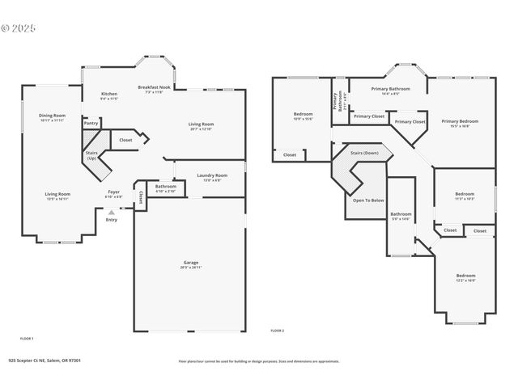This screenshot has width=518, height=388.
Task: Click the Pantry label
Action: pyautogui.click(x=91, y=123)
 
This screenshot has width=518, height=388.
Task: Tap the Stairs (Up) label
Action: pyautogui.click(x=91, y=154)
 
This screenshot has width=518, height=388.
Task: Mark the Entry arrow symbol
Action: pyautogui.click(x=112, y=213)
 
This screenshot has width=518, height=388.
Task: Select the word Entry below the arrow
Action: pyautogui.click(x=111, y=220)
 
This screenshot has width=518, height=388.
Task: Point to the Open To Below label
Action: pyautogui.click(x=367, y=199)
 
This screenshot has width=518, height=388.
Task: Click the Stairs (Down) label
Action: pyautogui.click(x=364, y=153)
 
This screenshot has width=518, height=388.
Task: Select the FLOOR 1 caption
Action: pyautogui.click(x=27, y=338)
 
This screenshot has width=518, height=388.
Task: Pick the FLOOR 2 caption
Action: pyautogui.click(x=278, y=331)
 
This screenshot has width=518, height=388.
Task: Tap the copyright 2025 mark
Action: pyautogui.click(x=19, y=27)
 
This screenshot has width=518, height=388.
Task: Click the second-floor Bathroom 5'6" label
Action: pyautogui.click(x=401, y=217)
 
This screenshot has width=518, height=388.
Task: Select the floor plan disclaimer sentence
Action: pyautogui.click(x=260, y=361)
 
